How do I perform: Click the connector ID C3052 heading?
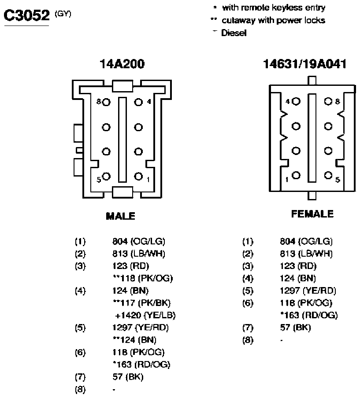[x=26, y=15]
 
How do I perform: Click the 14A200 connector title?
[x=122, y=64]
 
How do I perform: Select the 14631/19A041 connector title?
[x=304, y=64]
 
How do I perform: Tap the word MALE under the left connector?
[x=120, y=216]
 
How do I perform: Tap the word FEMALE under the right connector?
[x=312, y=214]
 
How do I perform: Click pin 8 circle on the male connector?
[x=106, y=102]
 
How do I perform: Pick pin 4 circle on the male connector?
[x=138, y=102]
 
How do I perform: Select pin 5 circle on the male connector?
[x=106, y=176]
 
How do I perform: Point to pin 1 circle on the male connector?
[x=138, y=176]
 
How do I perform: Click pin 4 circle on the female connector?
[x=296, y=102]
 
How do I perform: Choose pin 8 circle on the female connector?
[x=328, y=102]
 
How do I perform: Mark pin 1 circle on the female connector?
[x=296, y=175]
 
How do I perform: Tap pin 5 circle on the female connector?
[x=328, y=175]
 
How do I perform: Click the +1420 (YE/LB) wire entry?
[x=145, y=315]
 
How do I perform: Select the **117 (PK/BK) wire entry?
[x=142, y=303]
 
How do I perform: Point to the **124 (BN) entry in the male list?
[x=135, y=340]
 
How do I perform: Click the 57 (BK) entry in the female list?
[x=296, y=328]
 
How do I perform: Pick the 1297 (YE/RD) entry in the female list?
[x=308, y=291]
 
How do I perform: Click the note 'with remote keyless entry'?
[x=274, y=8]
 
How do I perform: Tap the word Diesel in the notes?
[x=234, y=33]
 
